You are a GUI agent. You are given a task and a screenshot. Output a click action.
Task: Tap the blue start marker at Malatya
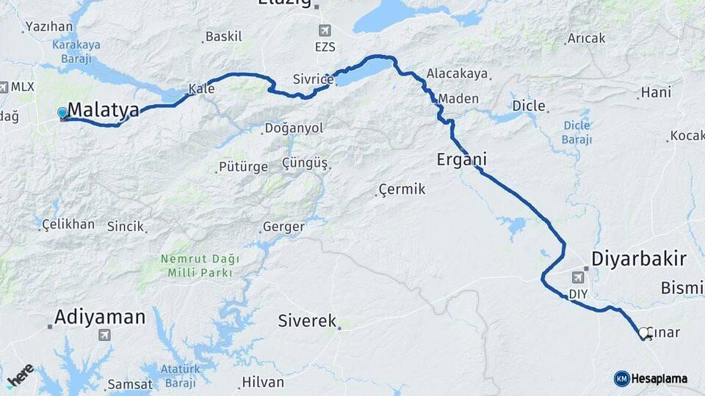(62, 113)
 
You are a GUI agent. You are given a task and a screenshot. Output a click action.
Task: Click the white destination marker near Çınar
(644, 333)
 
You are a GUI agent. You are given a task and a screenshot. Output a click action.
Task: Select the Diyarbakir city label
(639, 259)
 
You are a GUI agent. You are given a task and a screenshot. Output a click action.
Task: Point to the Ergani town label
(461, 159)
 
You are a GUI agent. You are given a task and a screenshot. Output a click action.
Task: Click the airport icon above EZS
(325, 31)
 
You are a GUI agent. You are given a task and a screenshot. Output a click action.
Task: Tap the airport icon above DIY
(579, 278)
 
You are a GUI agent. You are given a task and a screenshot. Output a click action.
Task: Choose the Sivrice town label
(313, 78)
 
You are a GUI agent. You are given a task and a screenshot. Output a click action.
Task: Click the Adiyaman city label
(100, 318)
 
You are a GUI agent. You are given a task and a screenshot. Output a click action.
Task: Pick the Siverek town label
(307, 320)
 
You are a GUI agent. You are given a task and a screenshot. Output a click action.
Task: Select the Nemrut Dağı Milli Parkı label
(197, 265)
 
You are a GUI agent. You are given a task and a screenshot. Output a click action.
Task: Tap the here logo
(21, 375)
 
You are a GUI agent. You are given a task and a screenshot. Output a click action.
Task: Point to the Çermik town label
(402, 190)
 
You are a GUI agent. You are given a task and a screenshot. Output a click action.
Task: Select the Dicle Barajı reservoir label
(576, 132)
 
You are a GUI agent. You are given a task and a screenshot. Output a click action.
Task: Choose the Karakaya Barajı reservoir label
(76, 51)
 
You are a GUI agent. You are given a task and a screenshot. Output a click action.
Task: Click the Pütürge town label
(245, 166)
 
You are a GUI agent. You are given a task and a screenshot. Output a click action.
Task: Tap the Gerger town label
(283, 227)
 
